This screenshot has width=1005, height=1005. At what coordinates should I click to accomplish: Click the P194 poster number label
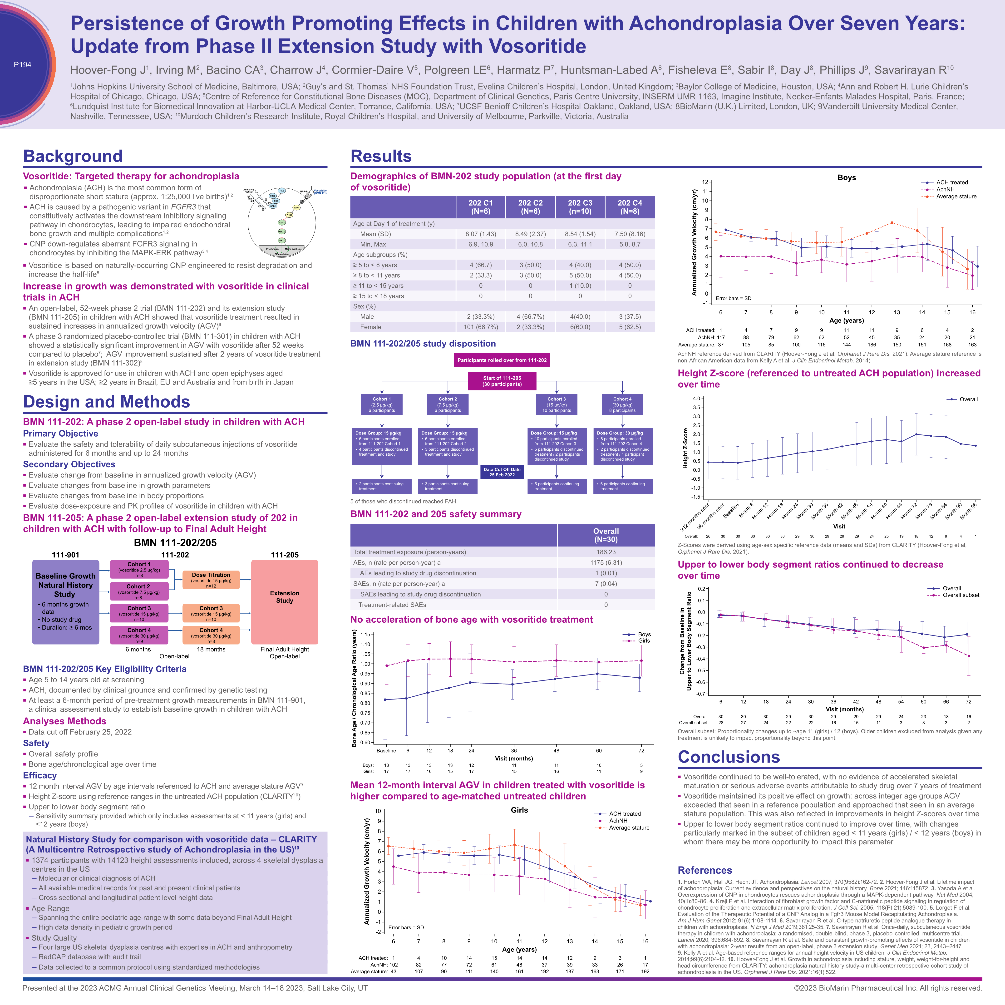22,64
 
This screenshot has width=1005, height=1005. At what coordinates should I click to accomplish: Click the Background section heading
73,156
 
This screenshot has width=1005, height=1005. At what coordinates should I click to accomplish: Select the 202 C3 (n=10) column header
580,207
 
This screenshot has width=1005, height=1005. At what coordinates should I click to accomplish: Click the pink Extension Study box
285,602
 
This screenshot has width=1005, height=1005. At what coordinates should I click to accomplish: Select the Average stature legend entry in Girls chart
628,828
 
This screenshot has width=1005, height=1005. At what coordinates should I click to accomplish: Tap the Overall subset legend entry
960,595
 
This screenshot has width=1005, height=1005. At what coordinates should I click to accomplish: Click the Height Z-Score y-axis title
686,448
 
